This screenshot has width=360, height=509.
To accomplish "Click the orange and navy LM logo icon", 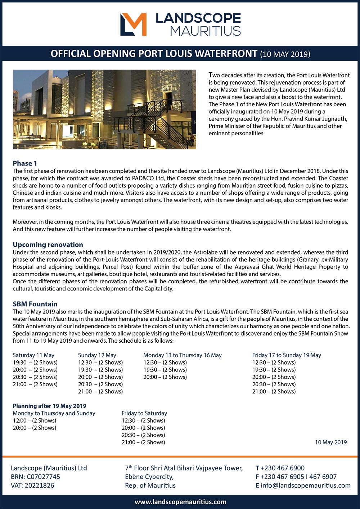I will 133,24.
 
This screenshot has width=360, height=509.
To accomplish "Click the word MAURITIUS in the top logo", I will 205,31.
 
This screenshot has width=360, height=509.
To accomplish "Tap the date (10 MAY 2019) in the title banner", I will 285,54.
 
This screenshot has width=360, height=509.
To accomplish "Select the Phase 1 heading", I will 25,163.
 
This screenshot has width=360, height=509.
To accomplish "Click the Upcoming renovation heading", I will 48,245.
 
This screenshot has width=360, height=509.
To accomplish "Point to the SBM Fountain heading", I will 35,304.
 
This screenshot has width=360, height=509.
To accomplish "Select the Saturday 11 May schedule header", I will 33,355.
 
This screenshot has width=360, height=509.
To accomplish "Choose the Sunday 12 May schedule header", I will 97,355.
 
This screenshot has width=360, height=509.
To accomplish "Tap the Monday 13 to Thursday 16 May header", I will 183,355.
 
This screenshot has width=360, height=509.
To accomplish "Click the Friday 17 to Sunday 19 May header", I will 287,355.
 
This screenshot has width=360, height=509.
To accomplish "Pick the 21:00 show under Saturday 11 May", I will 35,384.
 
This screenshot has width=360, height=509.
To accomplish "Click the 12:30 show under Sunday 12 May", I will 100,362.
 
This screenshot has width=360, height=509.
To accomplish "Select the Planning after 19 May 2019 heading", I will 49,406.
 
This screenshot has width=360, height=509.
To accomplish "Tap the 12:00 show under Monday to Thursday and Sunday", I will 34,420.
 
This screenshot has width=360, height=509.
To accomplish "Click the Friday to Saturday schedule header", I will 144,413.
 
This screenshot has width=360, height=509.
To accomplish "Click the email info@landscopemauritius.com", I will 305,485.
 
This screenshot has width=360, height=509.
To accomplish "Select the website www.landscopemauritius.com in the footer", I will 180,502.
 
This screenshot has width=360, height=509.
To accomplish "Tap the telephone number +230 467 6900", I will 282,468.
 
